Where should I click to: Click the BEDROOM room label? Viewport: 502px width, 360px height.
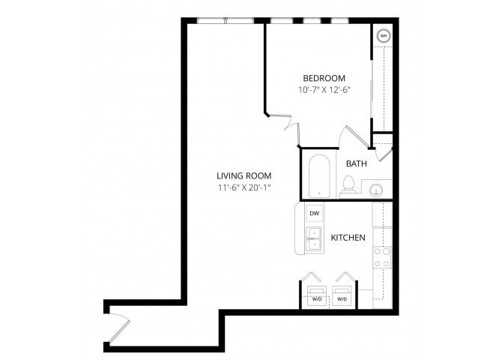pyautogui.click(x=324, y=78)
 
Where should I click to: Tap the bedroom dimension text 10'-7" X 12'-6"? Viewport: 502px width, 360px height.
pyautogui.click(x=324, y=90)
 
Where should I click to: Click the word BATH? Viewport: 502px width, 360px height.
pyautogui.click(x=356, y=163)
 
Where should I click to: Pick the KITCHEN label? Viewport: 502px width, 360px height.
pyautogui.click(x=348, y=238)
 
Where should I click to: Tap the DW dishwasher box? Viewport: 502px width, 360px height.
pyautogui.click(x=315, y=214)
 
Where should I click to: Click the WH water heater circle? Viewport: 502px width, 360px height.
pyautogui.click(x=383, y=35)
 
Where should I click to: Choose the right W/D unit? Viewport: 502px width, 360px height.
pyautogui.click(x=342, y=295)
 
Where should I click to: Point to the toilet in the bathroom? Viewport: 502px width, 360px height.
pyautogui.click(x=348, y=184)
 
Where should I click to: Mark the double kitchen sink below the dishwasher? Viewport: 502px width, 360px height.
pyautogui.click(x=315, y=238)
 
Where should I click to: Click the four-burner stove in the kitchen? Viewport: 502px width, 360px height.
pyautogui.click(x=382, y=257)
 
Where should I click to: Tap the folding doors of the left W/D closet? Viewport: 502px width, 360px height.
pyautogui.click(x=314, y=276)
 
